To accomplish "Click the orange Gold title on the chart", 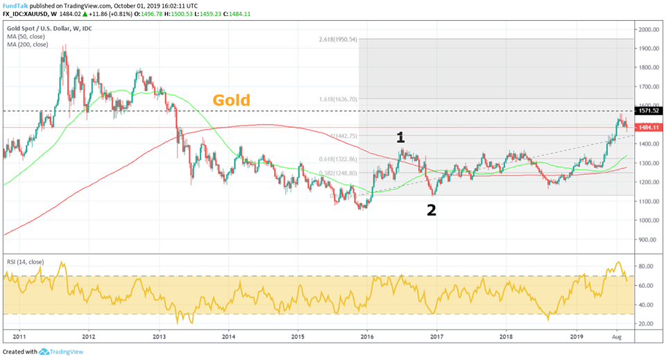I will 231,101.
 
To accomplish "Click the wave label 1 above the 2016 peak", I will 400,137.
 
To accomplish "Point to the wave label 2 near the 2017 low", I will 431,210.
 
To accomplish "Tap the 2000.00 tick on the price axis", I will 649,30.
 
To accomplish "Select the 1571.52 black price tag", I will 649,111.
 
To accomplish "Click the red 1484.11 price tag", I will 649,128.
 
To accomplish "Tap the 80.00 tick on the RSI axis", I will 647,266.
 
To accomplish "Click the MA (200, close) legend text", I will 28,43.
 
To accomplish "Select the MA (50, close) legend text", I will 26,35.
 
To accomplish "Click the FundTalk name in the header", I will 16,4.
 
